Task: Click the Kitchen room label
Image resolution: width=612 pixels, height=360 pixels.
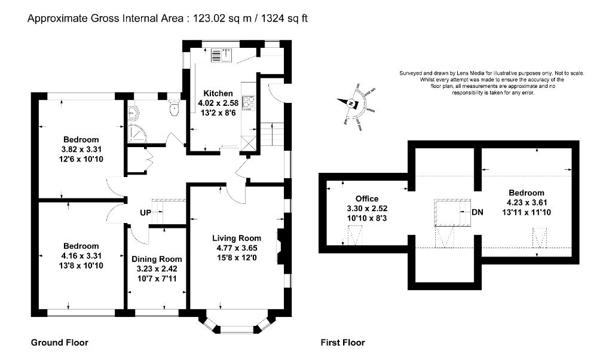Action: coord(218,93)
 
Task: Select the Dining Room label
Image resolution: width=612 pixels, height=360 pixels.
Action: coord(157,259)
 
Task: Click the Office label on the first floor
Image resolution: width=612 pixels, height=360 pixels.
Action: coord(367,199)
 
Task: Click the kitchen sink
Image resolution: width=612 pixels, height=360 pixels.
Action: coord(221,56)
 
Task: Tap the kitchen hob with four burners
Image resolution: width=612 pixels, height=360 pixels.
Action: coord(248,103)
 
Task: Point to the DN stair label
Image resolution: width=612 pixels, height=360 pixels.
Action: coord(478,212)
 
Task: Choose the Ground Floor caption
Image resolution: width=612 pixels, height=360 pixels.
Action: coord(60,343)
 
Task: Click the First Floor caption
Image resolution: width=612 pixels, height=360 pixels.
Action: coord(343,343)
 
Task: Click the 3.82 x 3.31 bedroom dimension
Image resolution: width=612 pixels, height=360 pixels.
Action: coord(81,150)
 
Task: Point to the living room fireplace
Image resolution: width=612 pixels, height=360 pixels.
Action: coord(281,246)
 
